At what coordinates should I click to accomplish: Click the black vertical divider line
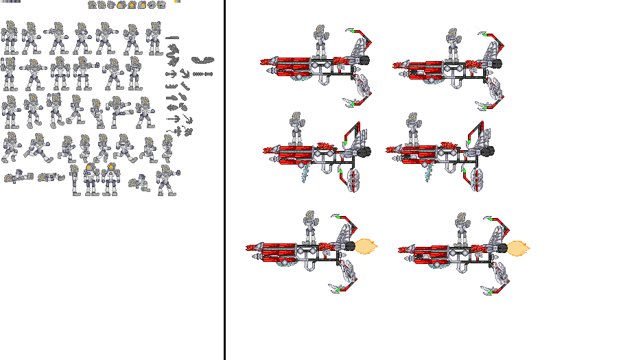[224, 180]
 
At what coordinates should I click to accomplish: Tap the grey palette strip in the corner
[11, 2]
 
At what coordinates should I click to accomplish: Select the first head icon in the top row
[92, 5]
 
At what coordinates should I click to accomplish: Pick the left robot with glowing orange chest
[90, 178]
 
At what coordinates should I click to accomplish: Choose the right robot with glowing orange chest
[110, 178]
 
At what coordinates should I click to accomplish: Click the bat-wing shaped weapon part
[202, 60]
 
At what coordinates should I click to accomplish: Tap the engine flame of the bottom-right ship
[518, 248]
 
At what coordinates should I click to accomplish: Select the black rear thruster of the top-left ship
[364, 60]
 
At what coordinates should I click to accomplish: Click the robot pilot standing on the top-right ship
[451, 43]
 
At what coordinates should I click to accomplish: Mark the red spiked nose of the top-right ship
[399, 65]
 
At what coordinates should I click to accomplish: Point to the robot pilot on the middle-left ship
[296, 128]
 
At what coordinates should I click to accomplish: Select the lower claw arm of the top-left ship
[360, 92]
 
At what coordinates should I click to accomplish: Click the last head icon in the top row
[162, 5]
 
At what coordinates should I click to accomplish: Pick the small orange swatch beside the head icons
[176, 2]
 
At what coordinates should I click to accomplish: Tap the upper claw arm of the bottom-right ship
[497, 223]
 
